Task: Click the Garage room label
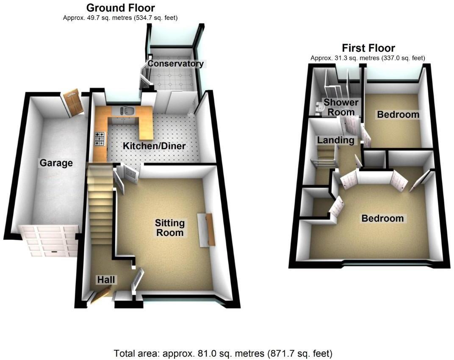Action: coord(56,163)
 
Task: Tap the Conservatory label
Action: coord(175,64)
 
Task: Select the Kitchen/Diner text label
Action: coord(154,147)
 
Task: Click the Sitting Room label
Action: coord(170,227)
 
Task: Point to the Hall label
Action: coord(106,280)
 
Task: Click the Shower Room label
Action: coord(341,107)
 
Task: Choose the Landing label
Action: coord(336,140)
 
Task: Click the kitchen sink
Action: coord(127,111)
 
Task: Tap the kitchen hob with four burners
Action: coord(100,139)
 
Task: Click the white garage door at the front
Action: coord(50,241)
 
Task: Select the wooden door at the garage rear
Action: coord(74,102)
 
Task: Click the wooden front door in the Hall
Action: coord(100,295)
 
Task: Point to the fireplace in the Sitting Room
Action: coord(207,230)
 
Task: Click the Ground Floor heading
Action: coord(120,8)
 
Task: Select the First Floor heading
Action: coord(368,48)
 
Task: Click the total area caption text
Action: coord(223,353)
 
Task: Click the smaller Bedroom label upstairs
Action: coord(398,114)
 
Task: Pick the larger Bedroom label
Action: coord(382,219)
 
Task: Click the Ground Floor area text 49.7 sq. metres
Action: coord(120,18)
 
